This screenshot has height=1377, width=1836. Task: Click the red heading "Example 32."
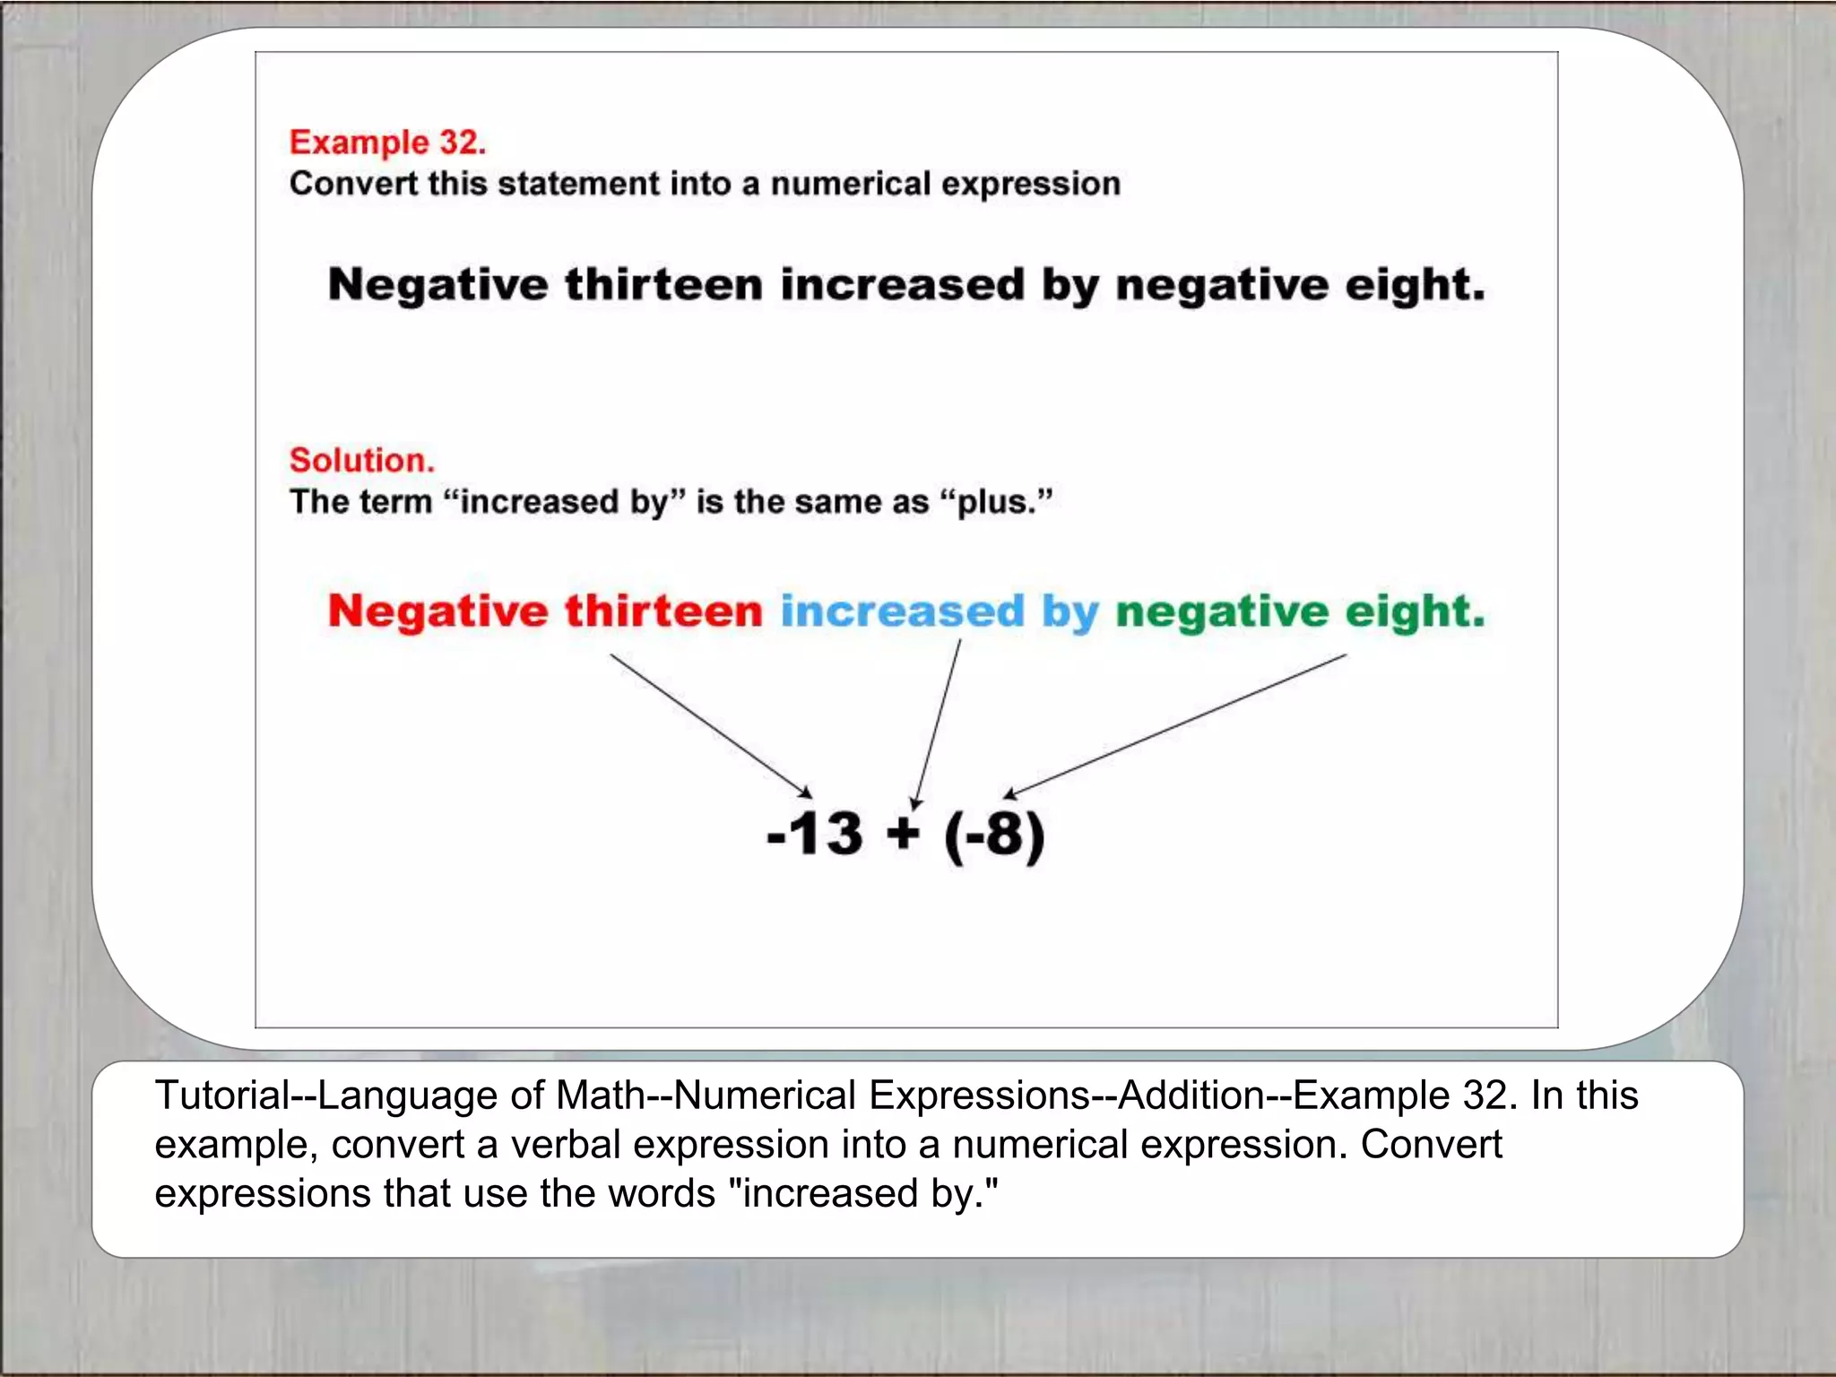click(x=387, y=143)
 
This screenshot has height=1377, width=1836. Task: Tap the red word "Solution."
click(x=361, y=461)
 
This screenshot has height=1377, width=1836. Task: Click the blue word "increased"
click(x=902, y=612)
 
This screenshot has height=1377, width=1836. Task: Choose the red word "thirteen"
click(x=663, y=612)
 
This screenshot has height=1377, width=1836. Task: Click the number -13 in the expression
click(x=815, y=834)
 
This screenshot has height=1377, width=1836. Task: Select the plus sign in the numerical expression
click(x=903, y=834)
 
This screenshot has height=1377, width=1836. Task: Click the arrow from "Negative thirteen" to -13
click(x=710, y=724)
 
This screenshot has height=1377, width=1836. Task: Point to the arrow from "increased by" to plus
click(x=937, y=723)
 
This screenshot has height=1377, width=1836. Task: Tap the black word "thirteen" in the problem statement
click(x=663, y=285)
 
